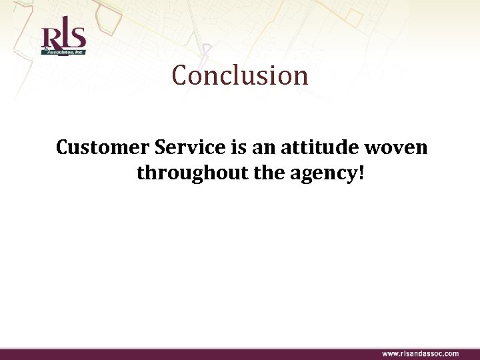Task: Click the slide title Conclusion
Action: click(x=240, y=75)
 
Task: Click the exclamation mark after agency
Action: click(x=361, y=174)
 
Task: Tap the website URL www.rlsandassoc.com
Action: click(x=420, y=353)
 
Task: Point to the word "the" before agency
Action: click(x=272, y=174)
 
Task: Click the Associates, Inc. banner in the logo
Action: click(x=65, y=50)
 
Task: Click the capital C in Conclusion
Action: click(x=180, y=76)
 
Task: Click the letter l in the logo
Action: click(x=63, y=35)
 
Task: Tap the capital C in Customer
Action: click(x=64, y=147)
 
